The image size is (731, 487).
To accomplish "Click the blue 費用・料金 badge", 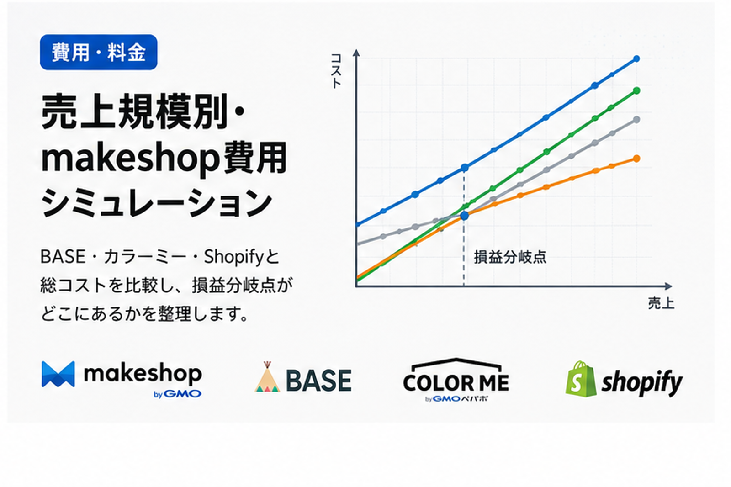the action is (99, 52).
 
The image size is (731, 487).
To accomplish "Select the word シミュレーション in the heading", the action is (157, 203).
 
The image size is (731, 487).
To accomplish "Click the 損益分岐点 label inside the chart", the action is (510, 257).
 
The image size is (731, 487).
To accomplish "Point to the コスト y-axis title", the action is (336, 71).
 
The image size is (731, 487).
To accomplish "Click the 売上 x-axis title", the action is (661, 303).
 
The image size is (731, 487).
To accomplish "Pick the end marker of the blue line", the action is (636, 59).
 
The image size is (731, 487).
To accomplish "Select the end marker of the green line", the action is (636, 90).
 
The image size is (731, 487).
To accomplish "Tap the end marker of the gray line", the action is (636, 120).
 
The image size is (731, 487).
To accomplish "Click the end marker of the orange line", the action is (636, 159).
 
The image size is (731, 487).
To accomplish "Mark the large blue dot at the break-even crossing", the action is (464, 216).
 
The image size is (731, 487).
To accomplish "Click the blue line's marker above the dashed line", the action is (464, 168).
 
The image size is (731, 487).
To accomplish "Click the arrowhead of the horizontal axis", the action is (668, 286).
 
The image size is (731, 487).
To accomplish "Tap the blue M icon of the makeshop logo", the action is (58, 374).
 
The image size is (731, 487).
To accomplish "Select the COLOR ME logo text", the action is (456, 382).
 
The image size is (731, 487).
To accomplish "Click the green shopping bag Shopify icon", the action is (581, 379).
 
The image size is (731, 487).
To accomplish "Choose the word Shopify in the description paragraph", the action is (233, 257).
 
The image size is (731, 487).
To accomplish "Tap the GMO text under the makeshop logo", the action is (182, 394).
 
